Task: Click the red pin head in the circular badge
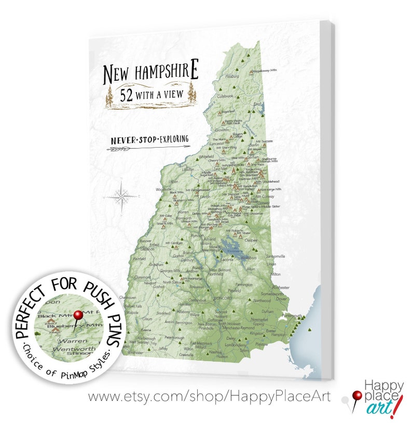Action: point(78,315)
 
